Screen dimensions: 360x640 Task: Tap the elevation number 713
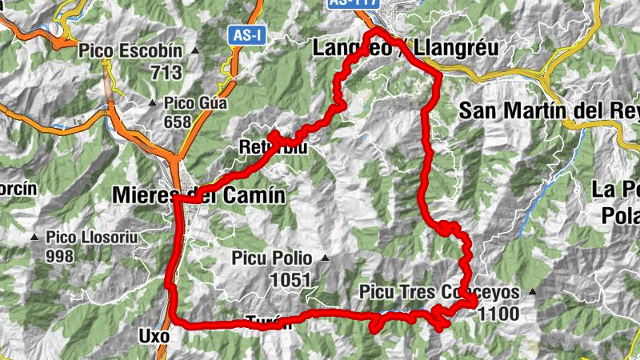[166, 72]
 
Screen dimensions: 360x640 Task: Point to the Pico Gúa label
[196, 102]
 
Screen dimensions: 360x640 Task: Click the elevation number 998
[59, 256]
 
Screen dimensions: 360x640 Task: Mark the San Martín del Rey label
[549, 111]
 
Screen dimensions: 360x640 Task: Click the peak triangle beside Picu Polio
[325, 258]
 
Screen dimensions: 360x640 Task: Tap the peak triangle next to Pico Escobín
[195, 51]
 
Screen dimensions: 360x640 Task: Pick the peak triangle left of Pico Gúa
[153, 102]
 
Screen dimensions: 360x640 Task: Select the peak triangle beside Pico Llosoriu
[34, 238]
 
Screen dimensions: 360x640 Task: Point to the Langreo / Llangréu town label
[404, 48]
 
